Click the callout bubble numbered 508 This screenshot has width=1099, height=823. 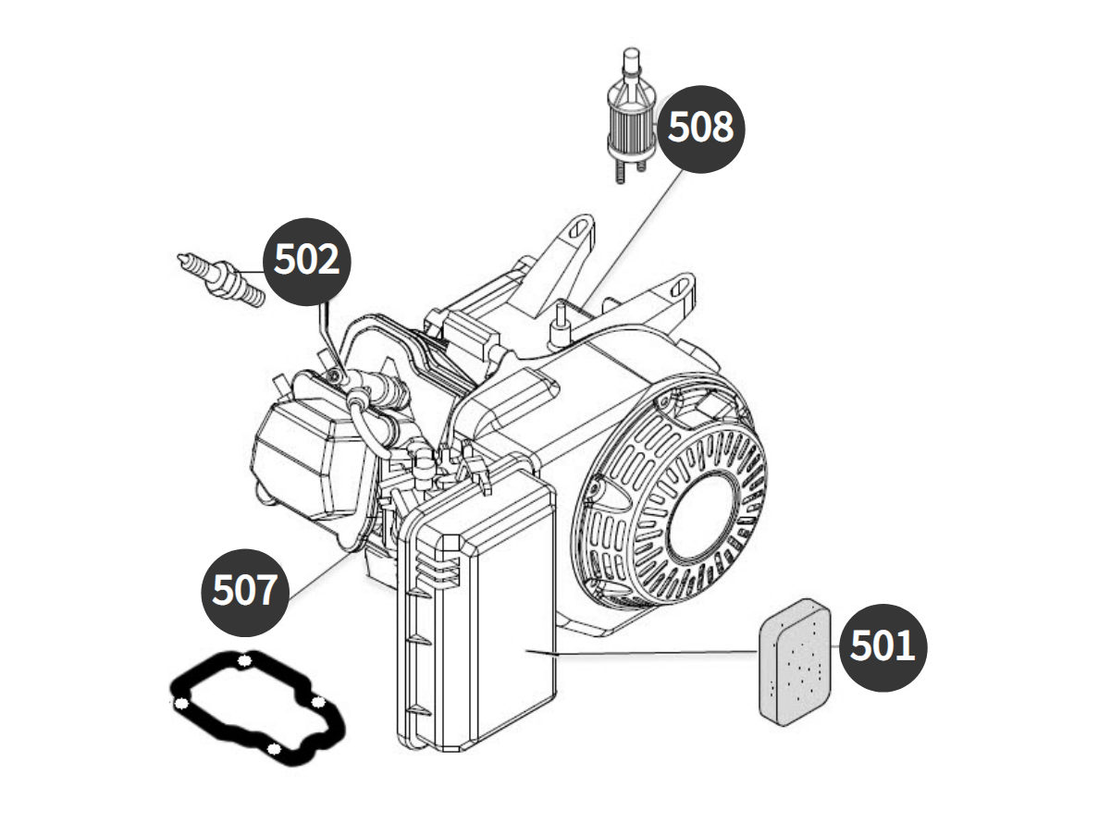[x=700, y=129]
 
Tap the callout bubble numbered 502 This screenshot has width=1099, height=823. [x=307, y=262]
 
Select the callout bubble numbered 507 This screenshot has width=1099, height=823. [x=244, y=592]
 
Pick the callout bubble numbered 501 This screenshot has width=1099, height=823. [x=883, y=647]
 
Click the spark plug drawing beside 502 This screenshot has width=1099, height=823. [x=221, y=279]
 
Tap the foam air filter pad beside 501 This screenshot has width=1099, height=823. [x=796, y=661]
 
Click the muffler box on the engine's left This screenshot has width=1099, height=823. [x=306, y=453]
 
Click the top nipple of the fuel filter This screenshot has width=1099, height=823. [x=631, y=60]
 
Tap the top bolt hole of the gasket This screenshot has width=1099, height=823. [x=244, y=660]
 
